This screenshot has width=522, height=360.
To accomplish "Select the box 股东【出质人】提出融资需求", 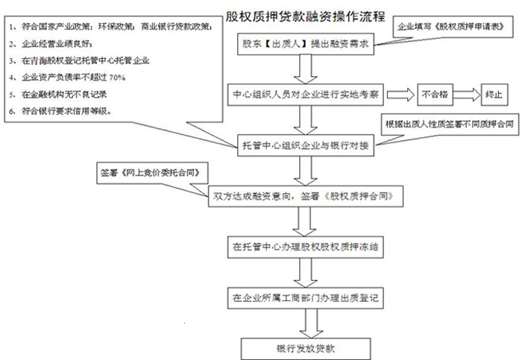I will tap(305, 44).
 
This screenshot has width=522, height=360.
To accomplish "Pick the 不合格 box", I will tap(435, 95).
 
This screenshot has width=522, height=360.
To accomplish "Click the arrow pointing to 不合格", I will tap(398, 95).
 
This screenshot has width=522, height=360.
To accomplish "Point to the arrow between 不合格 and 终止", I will tap(466, 95).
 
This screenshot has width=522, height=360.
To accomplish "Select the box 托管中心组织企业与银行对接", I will tap(305, 143).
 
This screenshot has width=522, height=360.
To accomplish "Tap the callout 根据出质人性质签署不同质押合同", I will tap(447, 123).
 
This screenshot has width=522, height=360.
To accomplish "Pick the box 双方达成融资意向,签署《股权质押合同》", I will tap(306, 197).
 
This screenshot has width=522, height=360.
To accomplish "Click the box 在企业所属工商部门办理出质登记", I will tap(305, 297).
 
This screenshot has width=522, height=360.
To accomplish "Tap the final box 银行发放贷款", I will tap(305, 348).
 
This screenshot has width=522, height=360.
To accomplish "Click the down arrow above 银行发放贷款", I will tap(305, 323).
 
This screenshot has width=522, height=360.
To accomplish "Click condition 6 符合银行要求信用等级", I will tap(63, 111).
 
